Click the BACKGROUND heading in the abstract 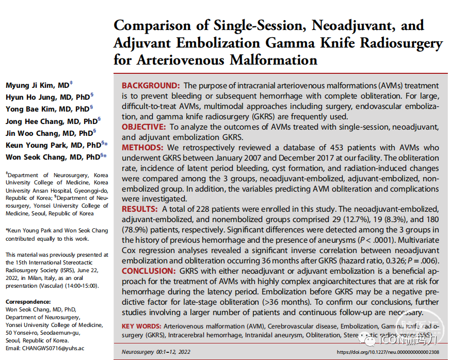click(151, 86)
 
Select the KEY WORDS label click(141, 326)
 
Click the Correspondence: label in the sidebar click(28, 302)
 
